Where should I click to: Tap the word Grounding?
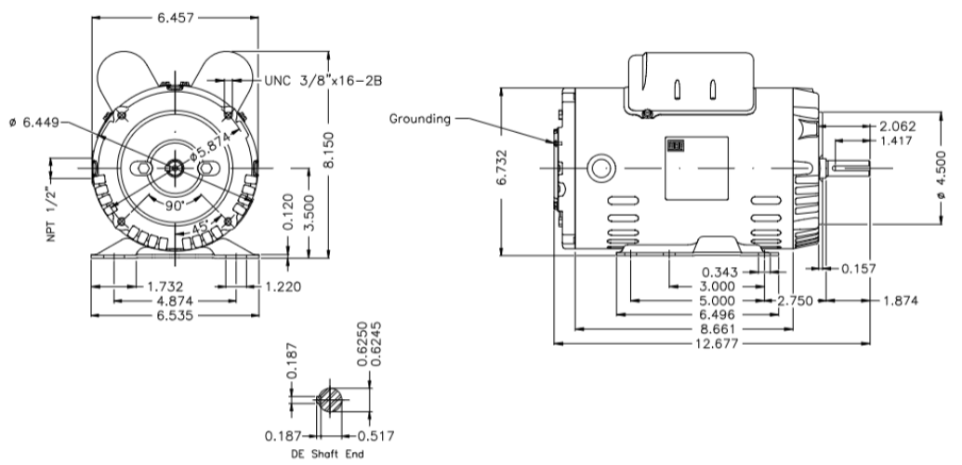tap(420, 118)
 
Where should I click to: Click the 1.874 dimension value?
tap(893, 301)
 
